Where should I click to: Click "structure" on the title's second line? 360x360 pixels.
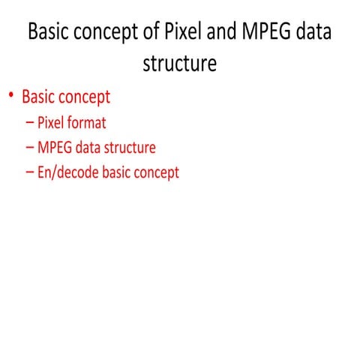pyautogui.click(x=180, y=63)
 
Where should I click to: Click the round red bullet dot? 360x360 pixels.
pyautogui.click(x=11, y=96)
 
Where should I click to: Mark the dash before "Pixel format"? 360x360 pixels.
pyautogui.click(x=29, y=122)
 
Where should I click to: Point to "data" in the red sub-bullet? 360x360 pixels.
pyautogui.click(x=89, y=147)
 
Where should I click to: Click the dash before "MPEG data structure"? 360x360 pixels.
pyautogui.click(x=29, y=148)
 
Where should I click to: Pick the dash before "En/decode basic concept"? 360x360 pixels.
pyautogui.click(x=29, y=173)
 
